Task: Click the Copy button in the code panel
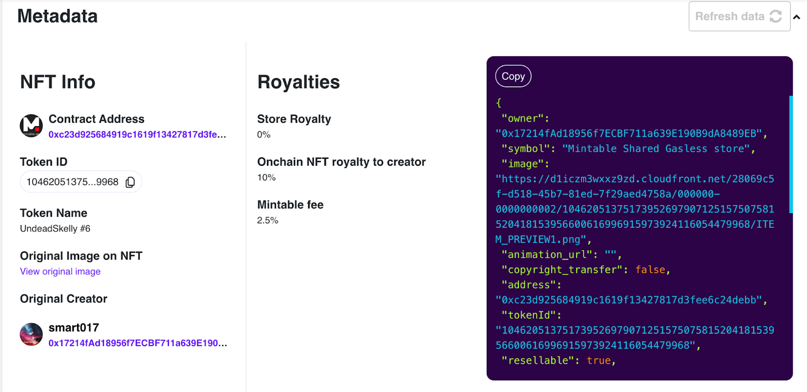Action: [513, 76]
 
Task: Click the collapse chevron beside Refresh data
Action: [796, 17]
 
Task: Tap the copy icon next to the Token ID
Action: [130, 182]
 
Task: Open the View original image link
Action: [60, 271]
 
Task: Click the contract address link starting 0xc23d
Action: [137, 134]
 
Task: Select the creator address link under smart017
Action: [138, 343]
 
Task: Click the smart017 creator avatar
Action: [31, 334]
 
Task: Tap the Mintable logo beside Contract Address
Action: [31, 125]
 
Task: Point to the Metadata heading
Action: [57, 16]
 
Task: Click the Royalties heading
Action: [299, 82]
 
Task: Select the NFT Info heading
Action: [57, 82]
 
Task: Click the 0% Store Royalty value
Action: [264, 134]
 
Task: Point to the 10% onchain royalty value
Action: [266, 177]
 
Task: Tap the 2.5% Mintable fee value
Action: [268, 220]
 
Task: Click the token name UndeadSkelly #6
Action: [55, 228]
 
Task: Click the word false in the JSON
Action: [650, 270]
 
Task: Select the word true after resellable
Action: [599, 361]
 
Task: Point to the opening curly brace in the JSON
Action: [499, 103]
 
